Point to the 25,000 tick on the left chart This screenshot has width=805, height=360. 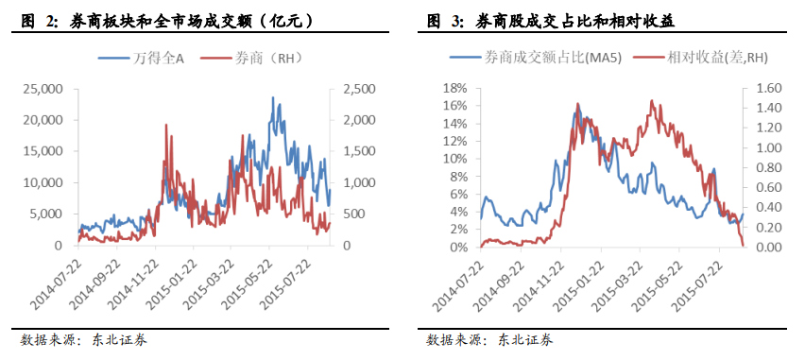[42, 90]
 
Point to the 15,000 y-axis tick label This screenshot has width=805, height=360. [42, 151]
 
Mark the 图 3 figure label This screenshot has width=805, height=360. [442, 20]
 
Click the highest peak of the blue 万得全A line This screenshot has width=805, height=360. [273, 97]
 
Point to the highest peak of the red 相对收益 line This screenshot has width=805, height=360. [652, 100]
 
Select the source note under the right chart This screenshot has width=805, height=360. [490, 339]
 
